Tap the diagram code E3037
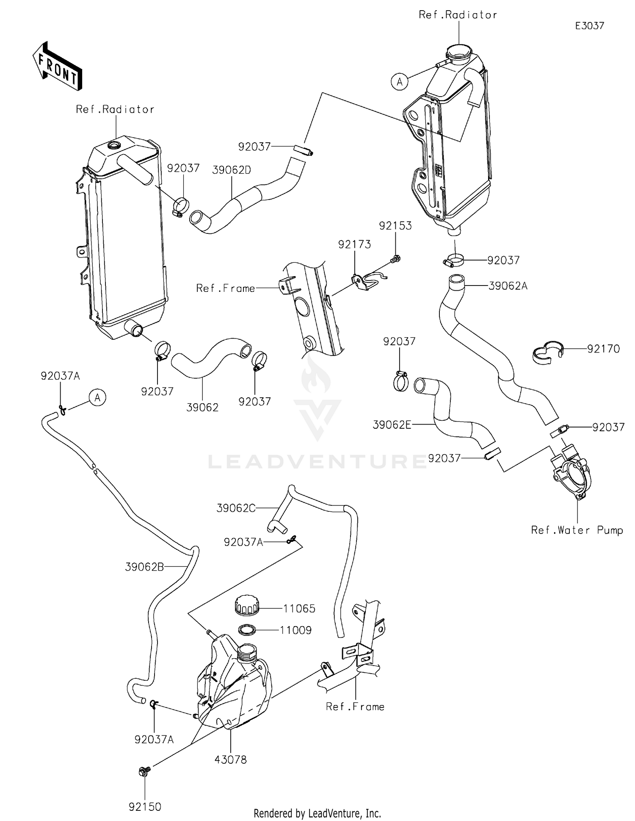[x=589, y=26]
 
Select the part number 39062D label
[x=232, y=170]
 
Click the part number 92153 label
[x=395, y=226]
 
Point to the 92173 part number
[x=354, y=244]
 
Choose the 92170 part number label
[x=603, y=349]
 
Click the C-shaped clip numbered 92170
[x=548, y=352]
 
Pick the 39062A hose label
[x=508, y=286]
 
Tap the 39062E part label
[x=392, y=424]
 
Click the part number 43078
[x=230, y=760]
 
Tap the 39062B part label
[x=144, y=566]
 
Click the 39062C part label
[x=236, y=508]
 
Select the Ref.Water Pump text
[x=577, y=530]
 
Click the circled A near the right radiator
[x=400, y=82]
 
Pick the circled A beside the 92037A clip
[x=97, y=398]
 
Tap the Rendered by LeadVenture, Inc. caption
[x=317, y=813]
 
